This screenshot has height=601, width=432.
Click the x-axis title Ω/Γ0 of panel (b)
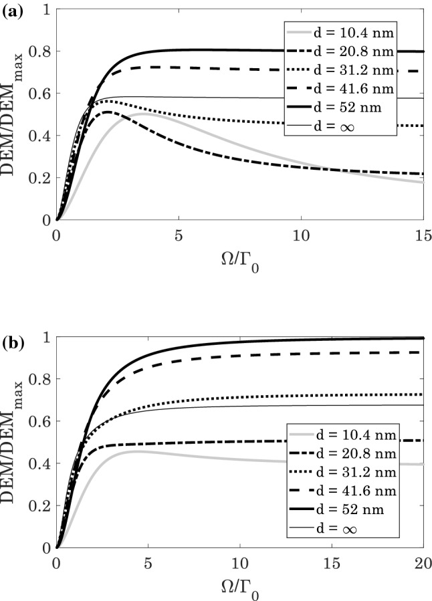[x=239, y=584]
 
